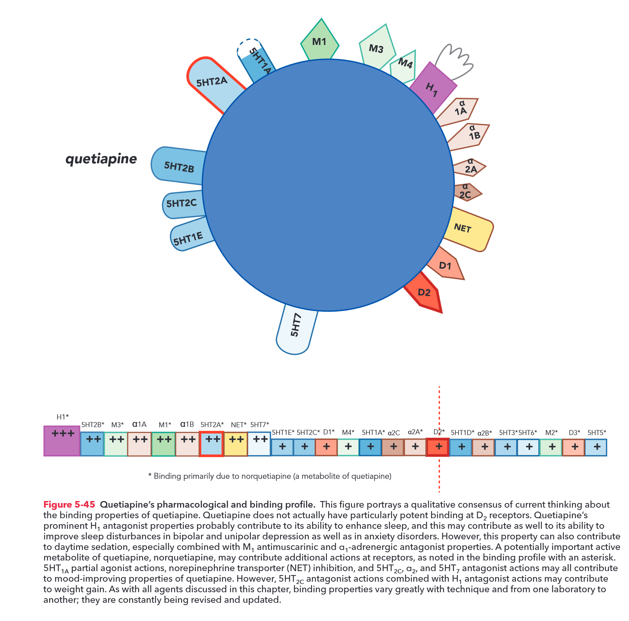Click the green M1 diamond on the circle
pyautogui.click(x=319, y=41)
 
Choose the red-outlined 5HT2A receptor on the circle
pyautogui.click(x=213, y=83)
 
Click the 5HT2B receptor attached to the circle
pyautogui.click(x=178, y=166)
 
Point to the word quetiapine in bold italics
pyautogui.click(x=101, y=159)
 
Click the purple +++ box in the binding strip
pyautogui.click(x=62, y=441)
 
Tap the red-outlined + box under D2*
pyautogui.click(x=438, y=447)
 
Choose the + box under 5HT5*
pyautogui.click(x=596, y=447)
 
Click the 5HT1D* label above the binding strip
pyautogui.click(x=462, y=433)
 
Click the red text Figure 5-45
pyautogui.click(x=69, y=505)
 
